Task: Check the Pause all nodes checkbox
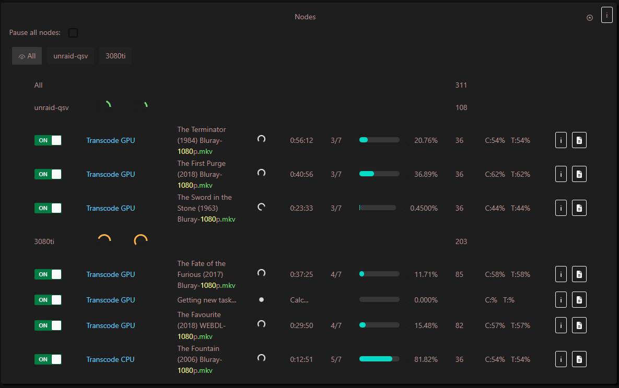[x=73, y=33]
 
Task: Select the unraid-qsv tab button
[x=71, y=56]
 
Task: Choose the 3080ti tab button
[x=115, y=56]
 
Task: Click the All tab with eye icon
[x=27, y=56]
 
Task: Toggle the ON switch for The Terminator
[x=48, y=140]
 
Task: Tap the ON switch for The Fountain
[x=48, y=359]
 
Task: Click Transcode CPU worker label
[x=110, y=359]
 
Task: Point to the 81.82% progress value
[x=426, y=359]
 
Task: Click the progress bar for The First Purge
[x=379, y=174]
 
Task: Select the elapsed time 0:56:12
[x=301, y=140]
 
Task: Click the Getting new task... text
[x=207, y=300]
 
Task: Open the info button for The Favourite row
[x=560, y=325]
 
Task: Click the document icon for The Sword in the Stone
[x=579, y=208]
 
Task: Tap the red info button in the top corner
[x=606, y=16]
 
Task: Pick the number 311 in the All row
[x=461, y=85]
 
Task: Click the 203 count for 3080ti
[x=461, y=241]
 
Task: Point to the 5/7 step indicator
[x=336, y=359]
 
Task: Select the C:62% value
[x=495, y=174]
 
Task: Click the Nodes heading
[x=305, y=17]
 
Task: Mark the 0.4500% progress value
[x=424, y=208]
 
